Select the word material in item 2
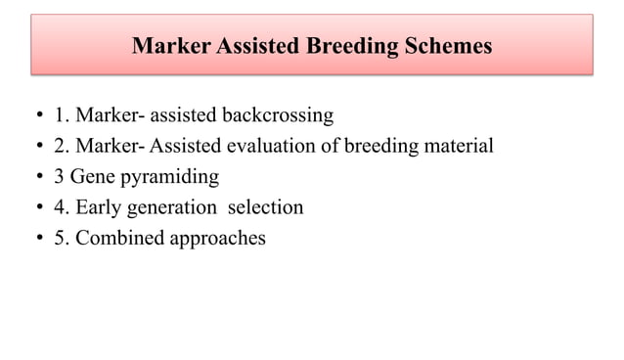[458, 147]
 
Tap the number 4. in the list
[62, 207]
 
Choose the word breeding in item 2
[382, 147]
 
